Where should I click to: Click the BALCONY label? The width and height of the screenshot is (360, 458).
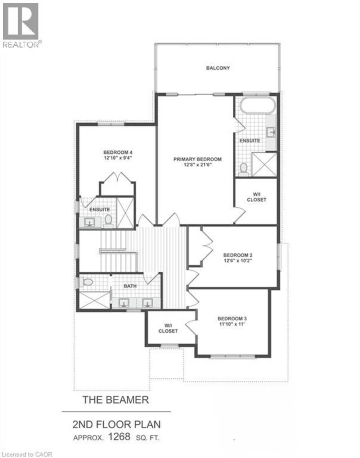[x=218, y=68]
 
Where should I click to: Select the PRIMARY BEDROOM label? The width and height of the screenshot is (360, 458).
[x=198, y=159]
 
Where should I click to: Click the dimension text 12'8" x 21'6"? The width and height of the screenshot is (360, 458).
[x=198, y=165]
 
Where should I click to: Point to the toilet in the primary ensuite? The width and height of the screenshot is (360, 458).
[x=243, y=169]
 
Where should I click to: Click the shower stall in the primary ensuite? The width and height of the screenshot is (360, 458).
[x=264, y=165]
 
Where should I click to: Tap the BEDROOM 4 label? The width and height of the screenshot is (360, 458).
[x=118, y=153]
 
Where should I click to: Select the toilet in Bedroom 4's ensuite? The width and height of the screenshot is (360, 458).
[x=108, y=221]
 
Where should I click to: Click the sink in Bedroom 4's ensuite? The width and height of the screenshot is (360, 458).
[x=90, y=222]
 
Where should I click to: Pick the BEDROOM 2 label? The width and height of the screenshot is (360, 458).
[x=238, y=255]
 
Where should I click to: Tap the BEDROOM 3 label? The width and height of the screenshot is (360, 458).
[x=232, y=319]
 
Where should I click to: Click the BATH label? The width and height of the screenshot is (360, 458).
[x=130, y=286]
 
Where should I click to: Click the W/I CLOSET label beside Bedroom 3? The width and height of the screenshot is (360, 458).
[x=168, y=328]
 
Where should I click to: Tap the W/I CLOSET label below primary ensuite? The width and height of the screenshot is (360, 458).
[x=257, y=197]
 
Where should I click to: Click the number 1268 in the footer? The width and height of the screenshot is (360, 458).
[x=119, y=437]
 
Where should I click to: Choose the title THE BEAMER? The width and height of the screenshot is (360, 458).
[x=116, y=400]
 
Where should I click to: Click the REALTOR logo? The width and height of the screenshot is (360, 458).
[x=21, y=25]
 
